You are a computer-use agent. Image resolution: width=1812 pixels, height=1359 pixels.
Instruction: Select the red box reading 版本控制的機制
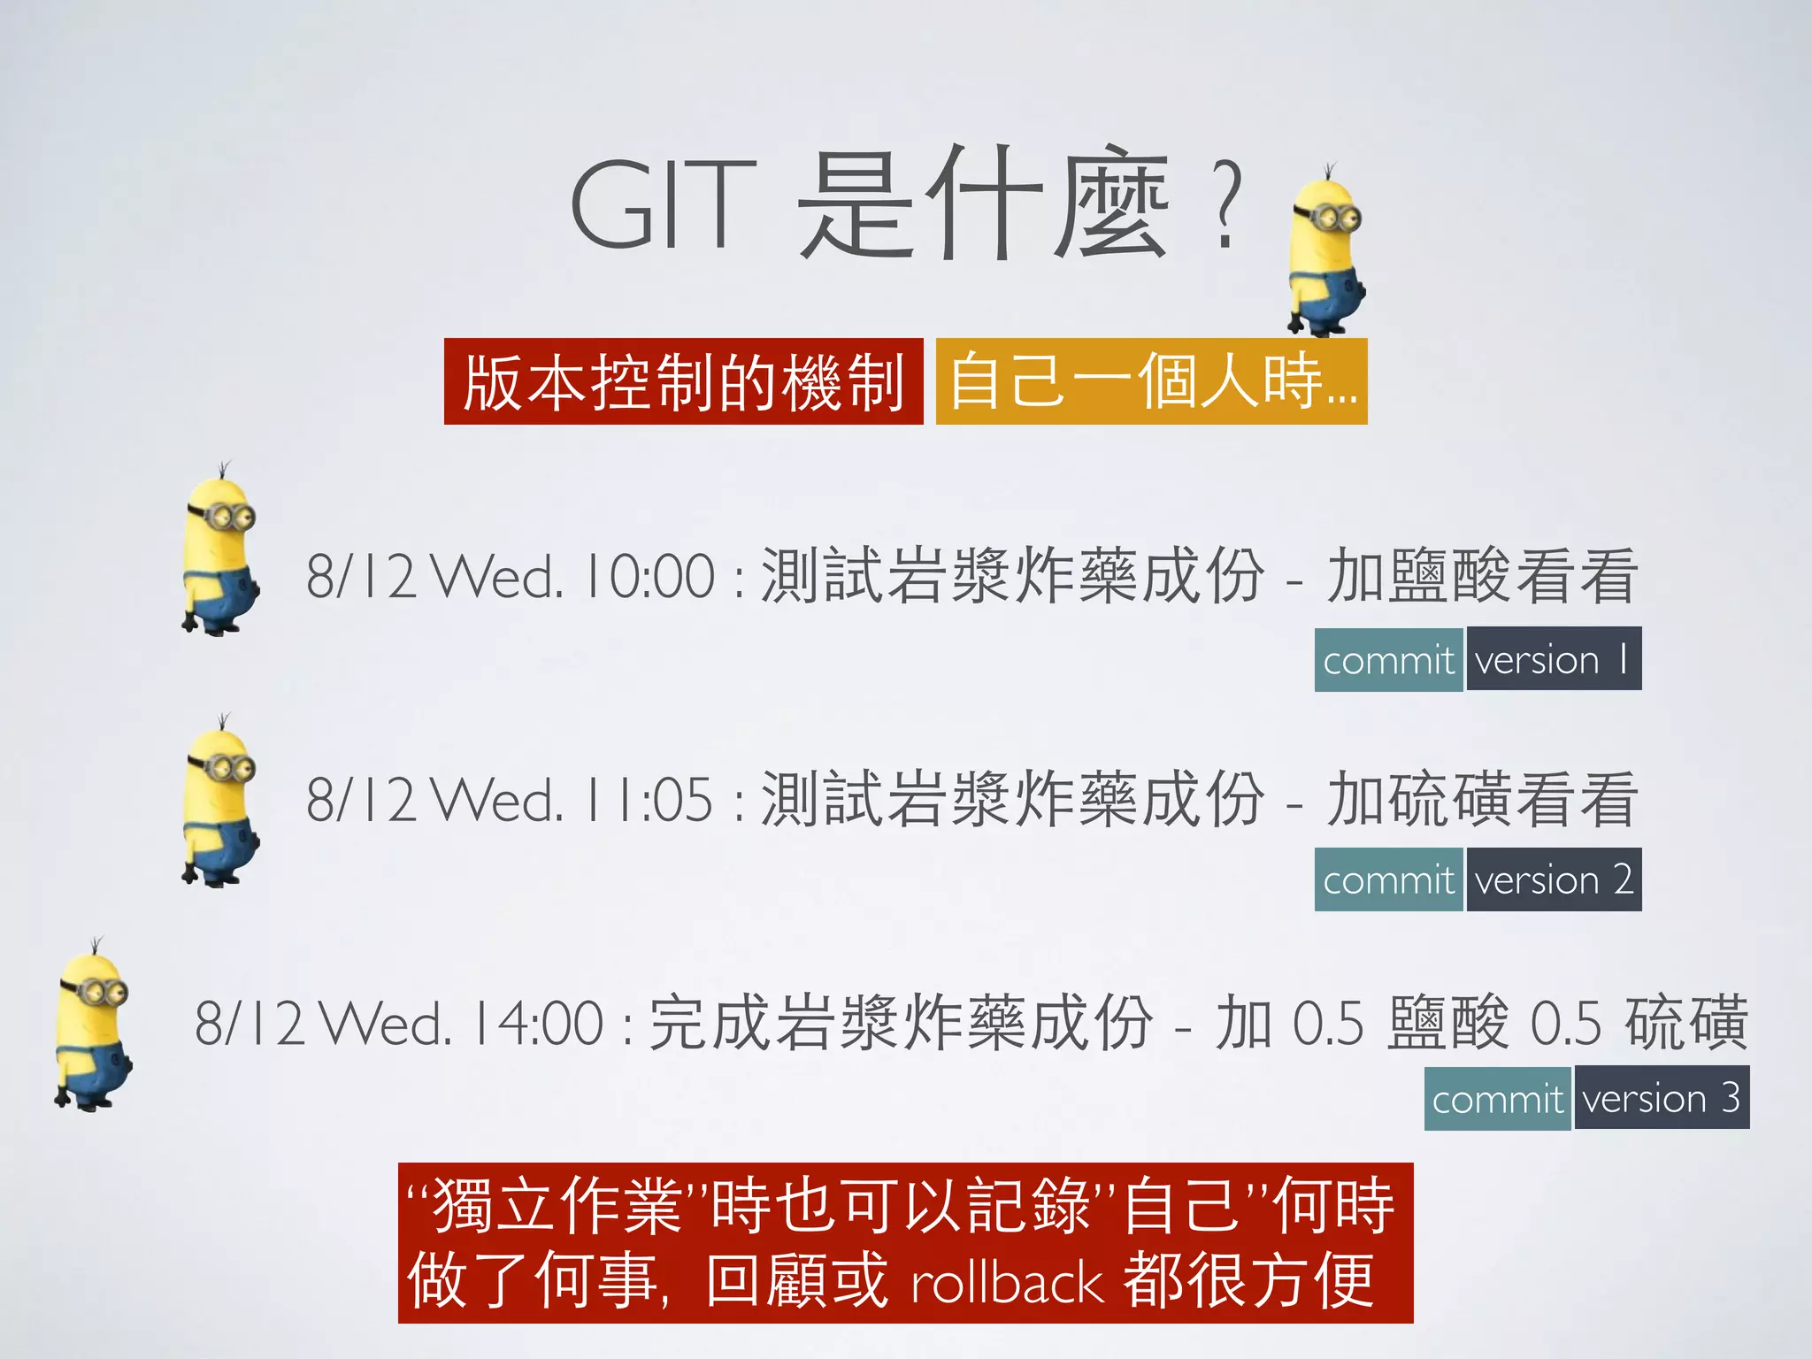click(x=683, y=382)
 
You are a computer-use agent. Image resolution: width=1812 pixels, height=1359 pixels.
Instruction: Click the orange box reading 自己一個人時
click(x=1151, y=382)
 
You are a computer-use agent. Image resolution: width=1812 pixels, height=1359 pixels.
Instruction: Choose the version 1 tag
click(x=1553, y=659)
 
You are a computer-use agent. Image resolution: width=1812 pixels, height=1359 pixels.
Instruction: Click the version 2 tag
click(x=1553, y=879)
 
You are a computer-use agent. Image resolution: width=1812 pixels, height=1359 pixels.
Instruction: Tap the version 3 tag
click(x=1661, y=1099)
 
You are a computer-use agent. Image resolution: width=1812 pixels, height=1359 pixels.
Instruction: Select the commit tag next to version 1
click(x=1388, y=660)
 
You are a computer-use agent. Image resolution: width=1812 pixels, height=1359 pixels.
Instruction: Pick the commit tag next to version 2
click(x=1388, y=880)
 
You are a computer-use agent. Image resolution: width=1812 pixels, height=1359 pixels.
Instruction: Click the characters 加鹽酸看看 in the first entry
click(x=1482, y=577)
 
